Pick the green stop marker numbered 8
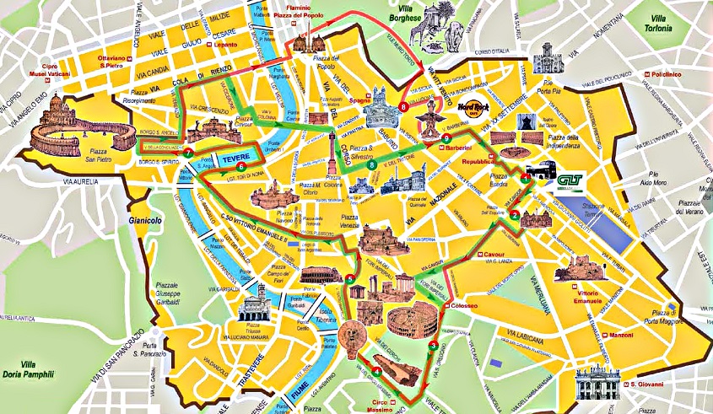372,166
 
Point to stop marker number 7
188,153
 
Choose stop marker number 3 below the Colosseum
433,345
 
